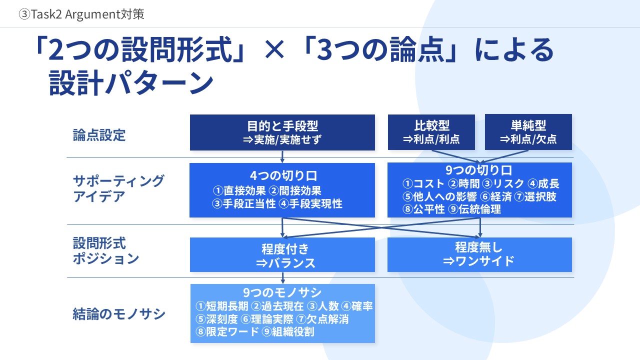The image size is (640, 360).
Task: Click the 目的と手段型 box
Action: (x=282, y=132)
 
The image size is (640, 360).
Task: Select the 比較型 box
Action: (x=431, y=132)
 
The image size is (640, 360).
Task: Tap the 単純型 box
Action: (x=528, y=132)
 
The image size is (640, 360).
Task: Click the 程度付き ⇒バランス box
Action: (x=282, y=254)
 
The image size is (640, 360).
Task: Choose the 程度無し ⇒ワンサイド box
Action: (x=479, y=254)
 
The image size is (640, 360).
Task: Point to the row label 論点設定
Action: (x=99, y=135)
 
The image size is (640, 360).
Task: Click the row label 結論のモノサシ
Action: (x=119, y=313)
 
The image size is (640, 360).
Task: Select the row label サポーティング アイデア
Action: (x=118, y=188)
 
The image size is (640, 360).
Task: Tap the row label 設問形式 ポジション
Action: (x=105, y=250)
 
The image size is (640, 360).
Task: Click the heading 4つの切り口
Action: (x=283, y=175)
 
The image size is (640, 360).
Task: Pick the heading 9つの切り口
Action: (x=478, y=170)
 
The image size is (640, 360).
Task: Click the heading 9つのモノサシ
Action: (x=282, y=292)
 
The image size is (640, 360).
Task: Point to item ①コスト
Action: (x=423, y=183)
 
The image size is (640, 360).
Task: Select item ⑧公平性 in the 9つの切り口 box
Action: (x=423, y=209)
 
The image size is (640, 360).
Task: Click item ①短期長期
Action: (x=222, y=306)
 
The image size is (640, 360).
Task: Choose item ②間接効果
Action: (x=295, y=190)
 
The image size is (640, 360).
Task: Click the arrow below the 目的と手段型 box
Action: (x=282, y=156)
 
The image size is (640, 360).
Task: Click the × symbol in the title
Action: (x=274, y=49)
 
